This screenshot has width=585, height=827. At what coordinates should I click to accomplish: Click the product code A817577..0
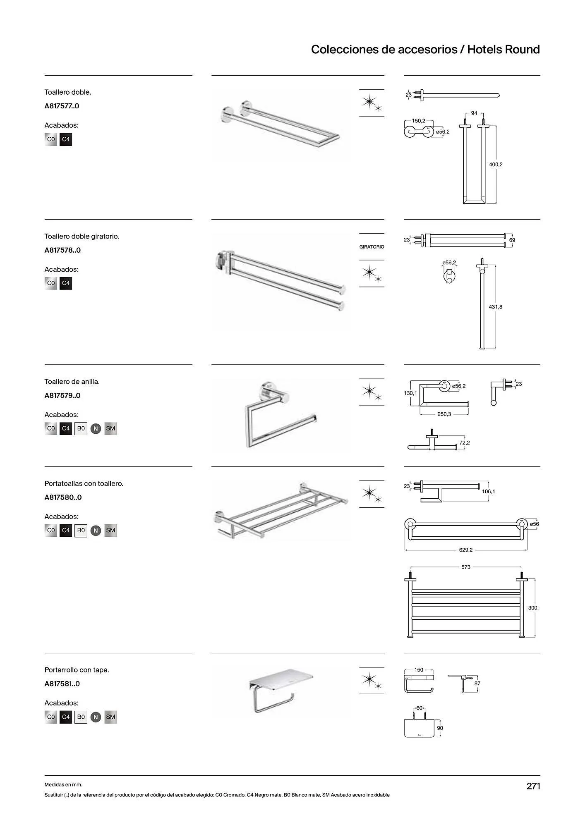[62, 106]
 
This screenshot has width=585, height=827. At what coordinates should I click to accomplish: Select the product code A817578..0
[62, 250]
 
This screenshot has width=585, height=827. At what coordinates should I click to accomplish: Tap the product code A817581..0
[62, 684]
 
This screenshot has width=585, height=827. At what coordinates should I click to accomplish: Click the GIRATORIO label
[372, 247]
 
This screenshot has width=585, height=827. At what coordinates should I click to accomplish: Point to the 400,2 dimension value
[496, 165]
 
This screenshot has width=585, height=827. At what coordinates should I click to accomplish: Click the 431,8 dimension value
[496, 307]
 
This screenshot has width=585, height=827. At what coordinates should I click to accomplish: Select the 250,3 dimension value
[444, 414]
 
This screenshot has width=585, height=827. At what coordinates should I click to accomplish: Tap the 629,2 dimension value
[465, 550]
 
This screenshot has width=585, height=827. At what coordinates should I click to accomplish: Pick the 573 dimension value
[466, 567]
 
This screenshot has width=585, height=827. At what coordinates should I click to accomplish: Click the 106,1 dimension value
[488, 492]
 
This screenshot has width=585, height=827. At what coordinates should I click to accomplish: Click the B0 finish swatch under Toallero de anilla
[81, 428]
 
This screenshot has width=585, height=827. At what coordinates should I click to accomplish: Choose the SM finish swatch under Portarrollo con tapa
[110, 717]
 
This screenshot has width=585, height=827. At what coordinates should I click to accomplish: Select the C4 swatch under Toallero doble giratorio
[66, 283]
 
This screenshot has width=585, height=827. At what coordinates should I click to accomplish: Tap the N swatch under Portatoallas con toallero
[96, 531]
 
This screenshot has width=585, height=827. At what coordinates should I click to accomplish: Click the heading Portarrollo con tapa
[77, 670]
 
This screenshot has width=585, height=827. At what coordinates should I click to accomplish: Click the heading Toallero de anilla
[72, 382]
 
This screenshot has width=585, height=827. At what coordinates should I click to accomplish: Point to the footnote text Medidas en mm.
[63, 784]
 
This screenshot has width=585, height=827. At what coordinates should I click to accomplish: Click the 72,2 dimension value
[464, 443]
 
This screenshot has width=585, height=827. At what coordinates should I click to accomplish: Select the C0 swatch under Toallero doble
[51, 139]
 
